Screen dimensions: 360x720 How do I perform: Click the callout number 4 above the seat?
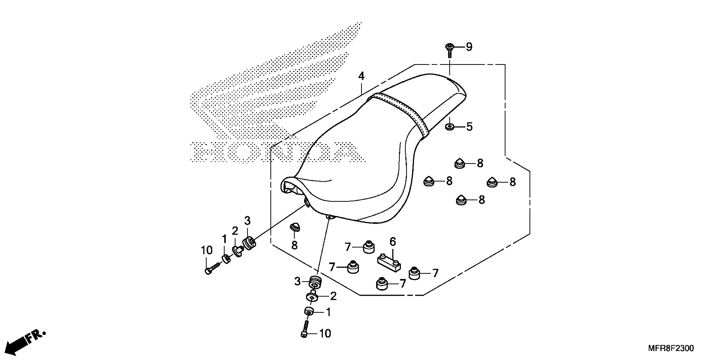361,76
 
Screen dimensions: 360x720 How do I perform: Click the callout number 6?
393,242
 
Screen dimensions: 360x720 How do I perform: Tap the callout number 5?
469,127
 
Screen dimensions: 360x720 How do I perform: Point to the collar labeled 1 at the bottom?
309,311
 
